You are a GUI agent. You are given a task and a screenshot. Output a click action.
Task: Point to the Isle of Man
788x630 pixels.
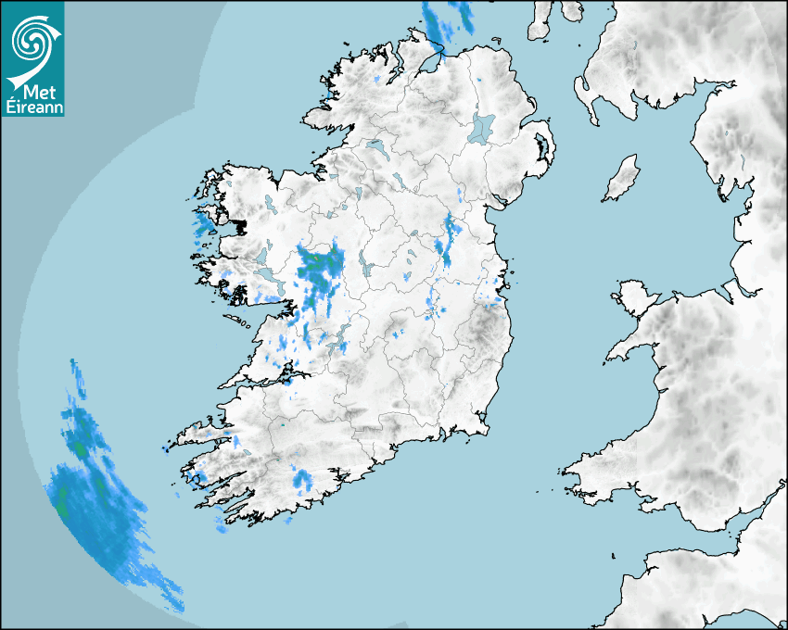pyautogui.click(x=622, y=179)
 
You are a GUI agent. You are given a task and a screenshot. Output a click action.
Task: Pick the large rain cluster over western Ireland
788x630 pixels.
pyautogui.click(x=319, y=272)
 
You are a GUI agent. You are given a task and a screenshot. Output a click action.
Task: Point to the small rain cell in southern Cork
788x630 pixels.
pyautogui.click(x=302, y=479)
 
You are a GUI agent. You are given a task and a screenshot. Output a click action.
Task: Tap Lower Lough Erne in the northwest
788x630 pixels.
pyautogui.click(x=375, y=146)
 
